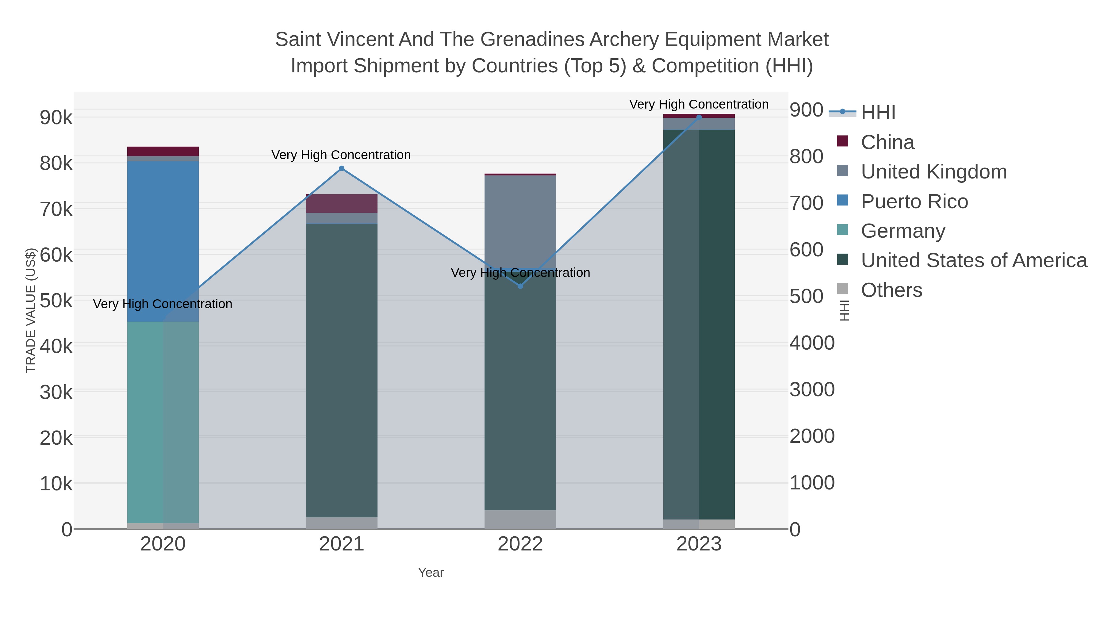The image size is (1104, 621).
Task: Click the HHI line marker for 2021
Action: [x=342, y=168]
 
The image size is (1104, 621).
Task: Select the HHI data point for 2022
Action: [x=520, y=286]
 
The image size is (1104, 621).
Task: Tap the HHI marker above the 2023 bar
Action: [x=699, y=117]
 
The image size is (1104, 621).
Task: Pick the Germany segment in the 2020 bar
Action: [x=163, y=422]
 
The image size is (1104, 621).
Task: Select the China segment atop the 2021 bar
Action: [x=342, y=204]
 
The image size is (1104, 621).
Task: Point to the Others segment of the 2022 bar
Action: [x=520, y=519]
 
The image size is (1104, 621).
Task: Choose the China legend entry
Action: [x=887, y=142]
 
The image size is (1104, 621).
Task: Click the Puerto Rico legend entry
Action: [x=914, y=201]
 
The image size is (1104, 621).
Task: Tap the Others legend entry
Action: [x=891, y=290]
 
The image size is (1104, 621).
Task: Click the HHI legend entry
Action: [x=878, y=112]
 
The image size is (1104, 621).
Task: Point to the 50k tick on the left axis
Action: [x=56, y=301]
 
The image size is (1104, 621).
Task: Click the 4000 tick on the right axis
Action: [x=812, y=343]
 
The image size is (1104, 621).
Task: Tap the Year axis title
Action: [x=431, y=573]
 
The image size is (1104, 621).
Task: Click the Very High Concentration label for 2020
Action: [x=163, y=304]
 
